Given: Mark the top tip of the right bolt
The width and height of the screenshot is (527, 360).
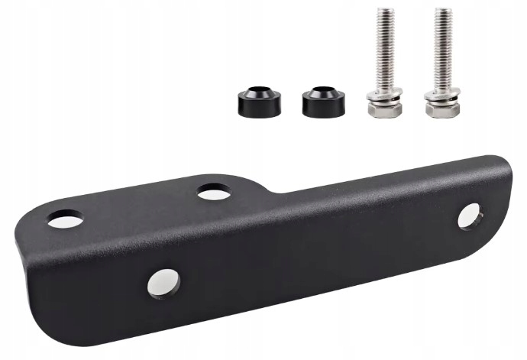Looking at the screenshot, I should [441, 11].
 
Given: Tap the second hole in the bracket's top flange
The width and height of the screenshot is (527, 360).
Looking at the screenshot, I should [214, 193].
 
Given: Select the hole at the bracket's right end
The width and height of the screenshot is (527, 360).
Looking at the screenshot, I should [468, 216].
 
